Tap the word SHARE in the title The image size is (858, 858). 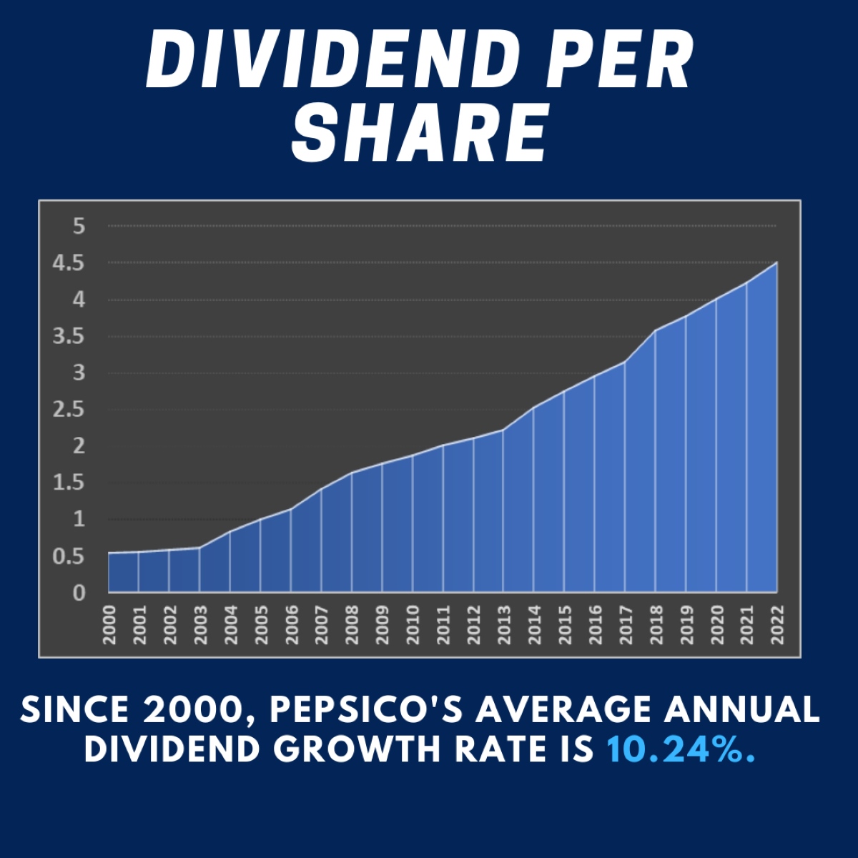coord(420,132)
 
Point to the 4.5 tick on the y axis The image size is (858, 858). coord(69,263)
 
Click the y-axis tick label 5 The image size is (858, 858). coord(79,227)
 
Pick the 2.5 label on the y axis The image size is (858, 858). coord(69,410)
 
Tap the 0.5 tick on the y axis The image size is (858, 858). coord(69,556)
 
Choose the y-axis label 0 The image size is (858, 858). coord(79,593)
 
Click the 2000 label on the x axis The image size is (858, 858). coord(109,625)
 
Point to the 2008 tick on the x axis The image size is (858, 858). coord(352,625)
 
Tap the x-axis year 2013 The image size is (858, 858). coord(504,625)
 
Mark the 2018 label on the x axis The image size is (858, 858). coord(656,625)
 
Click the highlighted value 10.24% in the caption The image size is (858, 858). coord(681,749)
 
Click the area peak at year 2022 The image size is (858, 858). coord(776,263)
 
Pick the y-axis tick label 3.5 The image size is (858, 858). coord(69,336)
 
